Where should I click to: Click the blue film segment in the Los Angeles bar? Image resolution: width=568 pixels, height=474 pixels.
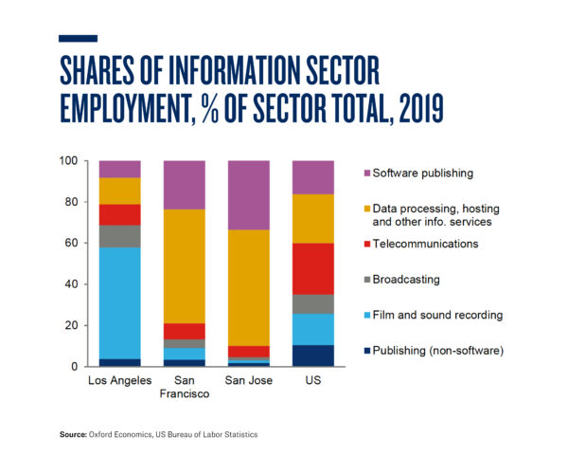(x=119, y=302)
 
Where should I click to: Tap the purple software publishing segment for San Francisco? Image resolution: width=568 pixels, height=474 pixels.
(x=185, y=185)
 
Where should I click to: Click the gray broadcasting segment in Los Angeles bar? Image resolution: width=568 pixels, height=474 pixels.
(x=119, y=236)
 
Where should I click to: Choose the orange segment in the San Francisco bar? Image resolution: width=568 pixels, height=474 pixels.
(x=185, y=265)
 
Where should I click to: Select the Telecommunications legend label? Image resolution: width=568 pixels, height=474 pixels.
(x=425, y=244)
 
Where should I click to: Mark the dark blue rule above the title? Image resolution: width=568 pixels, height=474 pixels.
(x=78, y=38)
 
